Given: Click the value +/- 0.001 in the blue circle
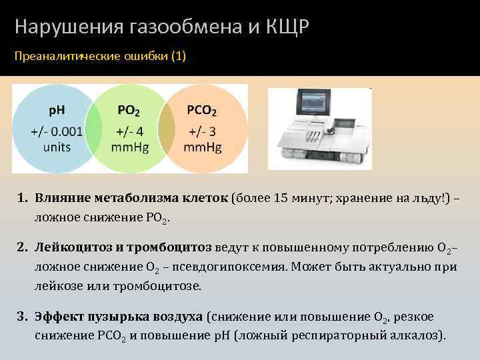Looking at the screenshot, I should (x=57, y=131).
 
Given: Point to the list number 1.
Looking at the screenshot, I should (x=22, y=198).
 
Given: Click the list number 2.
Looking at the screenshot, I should (x=22, y=247).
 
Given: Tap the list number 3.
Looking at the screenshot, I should (x=22, y=316).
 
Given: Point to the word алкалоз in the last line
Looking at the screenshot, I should (x=417, y=335).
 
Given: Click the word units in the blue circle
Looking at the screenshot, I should (x=57, y=147).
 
